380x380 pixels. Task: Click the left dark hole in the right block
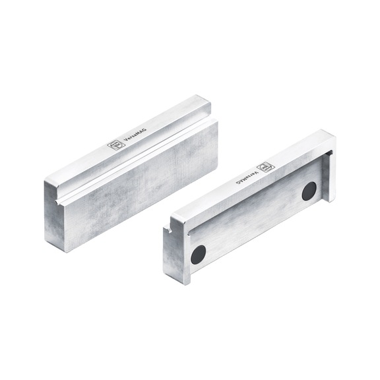tap(198, 254)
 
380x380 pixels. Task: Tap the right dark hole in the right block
tap(309, 191)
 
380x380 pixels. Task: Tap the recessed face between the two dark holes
tap(254, 221)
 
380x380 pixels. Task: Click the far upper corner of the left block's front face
tap(216, 123)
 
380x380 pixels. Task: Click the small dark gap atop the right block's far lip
tap(328, 154)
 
